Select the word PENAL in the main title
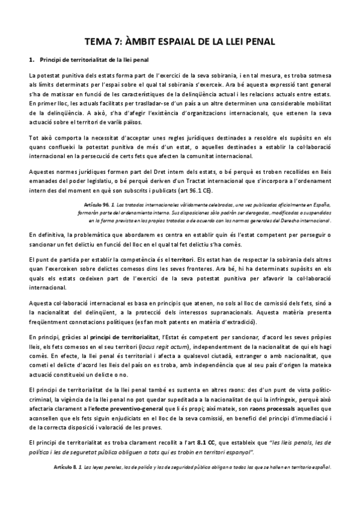point(255,42)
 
